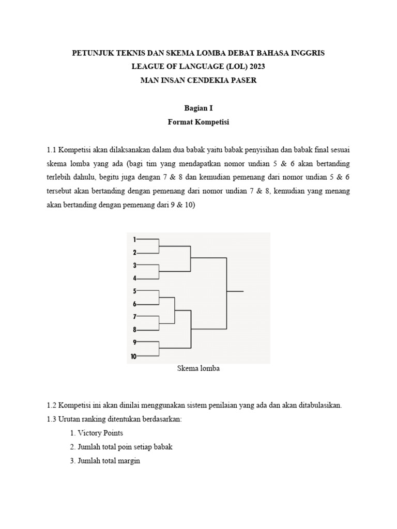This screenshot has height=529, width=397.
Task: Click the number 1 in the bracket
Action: (x=134, y=240)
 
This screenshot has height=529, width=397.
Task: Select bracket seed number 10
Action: (x=134, y=356)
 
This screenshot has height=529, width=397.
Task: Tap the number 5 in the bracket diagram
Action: (x=134, y=291)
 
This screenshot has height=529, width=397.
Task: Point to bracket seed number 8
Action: (x=134, y=330)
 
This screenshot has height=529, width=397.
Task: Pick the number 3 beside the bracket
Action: (x=134, y=265)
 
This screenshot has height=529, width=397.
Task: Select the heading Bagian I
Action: (x=198, y=108)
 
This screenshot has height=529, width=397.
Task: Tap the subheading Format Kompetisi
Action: (x=198, y=122)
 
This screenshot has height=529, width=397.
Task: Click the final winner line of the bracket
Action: (x=235, y=291)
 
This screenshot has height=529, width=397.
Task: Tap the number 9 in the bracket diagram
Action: (x=134, y=342)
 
